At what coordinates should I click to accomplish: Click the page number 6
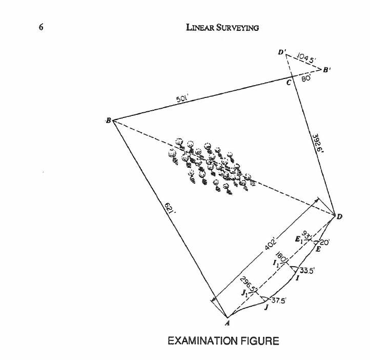pyautogui.click(x=41, y=27)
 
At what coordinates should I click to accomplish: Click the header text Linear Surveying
pyautogui.click(x=222, y=27)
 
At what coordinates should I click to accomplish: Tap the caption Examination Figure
pyautogui.click(x=223, y=341)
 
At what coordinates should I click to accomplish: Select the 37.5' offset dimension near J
pyautogui.click(x=278, y=299)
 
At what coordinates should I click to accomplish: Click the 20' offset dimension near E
pyautogui.click(x=325, y=242)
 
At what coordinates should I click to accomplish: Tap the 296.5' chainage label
pyautogui.click(x=249, y=286)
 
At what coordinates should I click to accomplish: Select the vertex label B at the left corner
pyautogui.click(x=108, y=121)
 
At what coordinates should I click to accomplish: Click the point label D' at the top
pyautogui.click(x=282, y=52)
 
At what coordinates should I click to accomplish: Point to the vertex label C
pyautogui.click(x=289, y=82)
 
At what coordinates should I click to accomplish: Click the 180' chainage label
pyautogui.click(x=281, y=256)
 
